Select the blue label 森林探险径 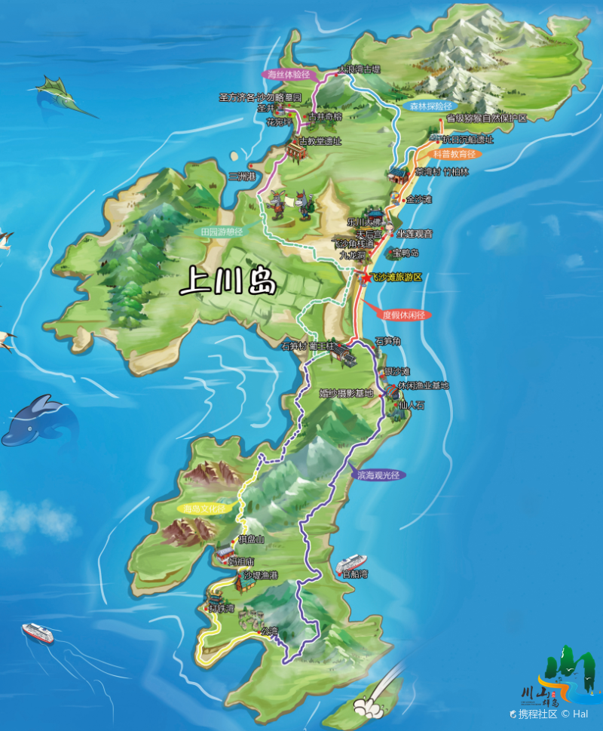(430, 106)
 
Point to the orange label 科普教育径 (455, 154)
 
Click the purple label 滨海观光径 (377, 475)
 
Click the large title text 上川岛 (228, 281)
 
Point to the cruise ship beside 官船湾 (350, 563)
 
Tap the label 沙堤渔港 (260, 576)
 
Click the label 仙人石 (412, 405)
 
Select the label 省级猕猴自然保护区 (486, 118)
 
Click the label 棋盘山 (251, 539)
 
